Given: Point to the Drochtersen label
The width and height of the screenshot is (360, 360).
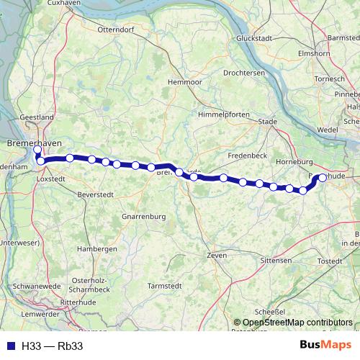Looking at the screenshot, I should point(244,73).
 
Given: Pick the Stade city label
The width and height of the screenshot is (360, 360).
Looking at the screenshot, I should point(267,122).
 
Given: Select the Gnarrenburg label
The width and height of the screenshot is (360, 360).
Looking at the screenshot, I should point(144,216).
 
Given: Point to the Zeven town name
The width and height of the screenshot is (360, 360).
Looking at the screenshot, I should point(216,256).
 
